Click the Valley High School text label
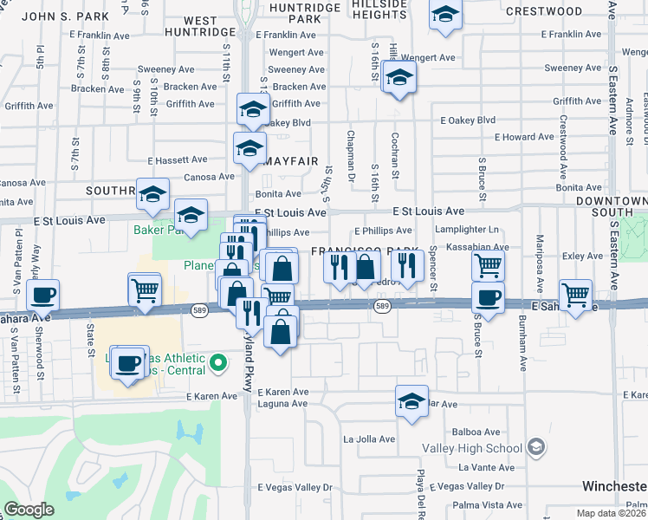click(x=472, y=448)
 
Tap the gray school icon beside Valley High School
click(x=536, y=447)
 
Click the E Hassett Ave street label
click(x=178, y=160)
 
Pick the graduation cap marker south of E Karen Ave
click(x=412, y=400)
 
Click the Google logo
click(x=29, y=510)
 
